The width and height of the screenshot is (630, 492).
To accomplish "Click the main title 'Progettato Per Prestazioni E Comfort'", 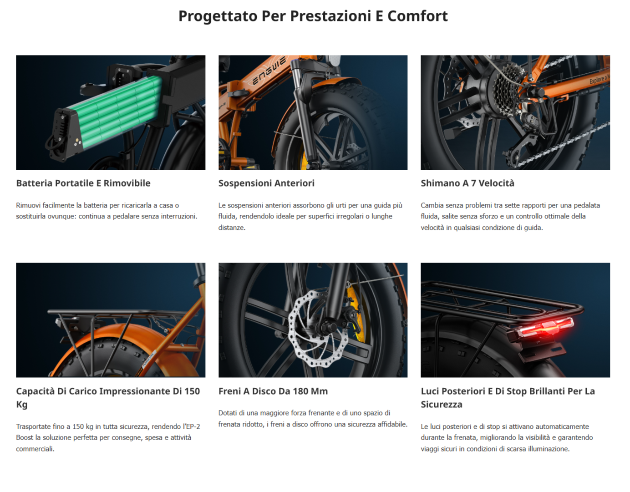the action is coord(313,16).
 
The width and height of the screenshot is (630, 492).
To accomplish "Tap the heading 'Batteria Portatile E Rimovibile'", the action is coord(83,183).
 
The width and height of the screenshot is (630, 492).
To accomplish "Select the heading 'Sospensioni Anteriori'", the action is coord(266,183).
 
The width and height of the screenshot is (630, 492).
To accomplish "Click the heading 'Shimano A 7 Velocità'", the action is coord(467,183).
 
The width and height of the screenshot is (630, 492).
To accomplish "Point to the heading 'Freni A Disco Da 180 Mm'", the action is coord(273,391).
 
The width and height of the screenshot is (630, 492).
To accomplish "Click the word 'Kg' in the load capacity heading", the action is coord(22,405).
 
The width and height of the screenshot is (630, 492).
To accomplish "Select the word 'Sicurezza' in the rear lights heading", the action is coord(442,405).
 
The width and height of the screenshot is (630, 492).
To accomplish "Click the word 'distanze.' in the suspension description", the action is coord(232,228).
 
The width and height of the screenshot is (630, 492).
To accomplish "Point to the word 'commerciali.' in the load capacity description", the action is coord(35,449).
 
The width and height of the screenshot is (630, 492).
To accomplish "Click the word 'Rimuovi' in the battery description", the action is coord(28,205).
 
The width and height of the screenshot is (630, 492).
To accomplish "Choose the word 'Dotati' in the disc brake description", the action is coord(227,413).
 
